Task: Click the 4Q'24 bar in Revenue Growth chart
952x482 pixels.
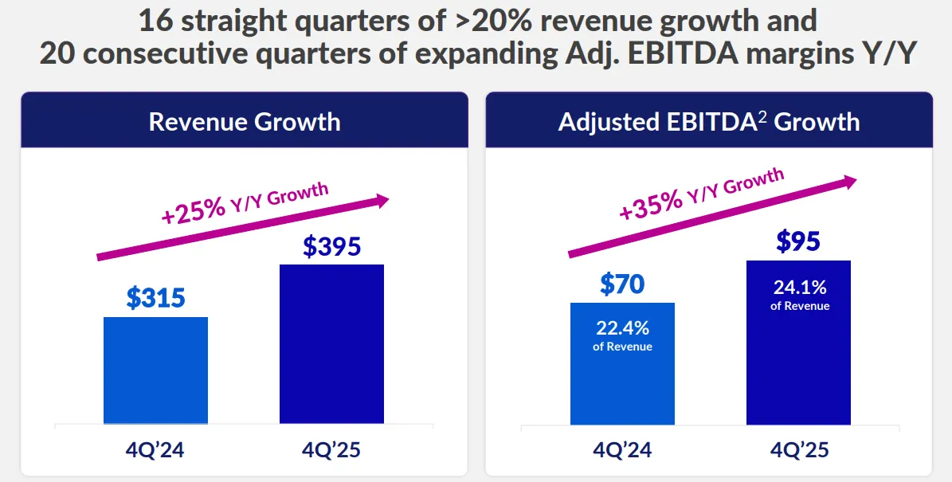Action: point(155,370)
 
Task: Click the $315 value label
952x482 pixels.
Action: point(155,298)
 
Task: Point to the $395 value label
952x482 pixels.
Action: point(331,245)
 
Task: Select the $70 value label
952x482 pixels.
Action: point(622,284)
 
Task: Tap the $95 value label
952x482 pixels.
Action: point(798,241)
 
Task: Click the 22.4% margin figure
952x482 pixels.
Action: point(622,327)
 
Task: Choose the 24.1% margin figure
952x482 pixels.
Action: point(798,287)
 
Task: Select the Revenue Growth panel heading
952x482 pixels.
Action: point(245,122)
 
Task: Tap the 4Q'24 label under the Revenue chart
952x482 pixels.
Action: point(155,450)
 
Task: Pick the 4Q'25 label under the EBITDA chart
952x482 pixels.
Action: point(798,450)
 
